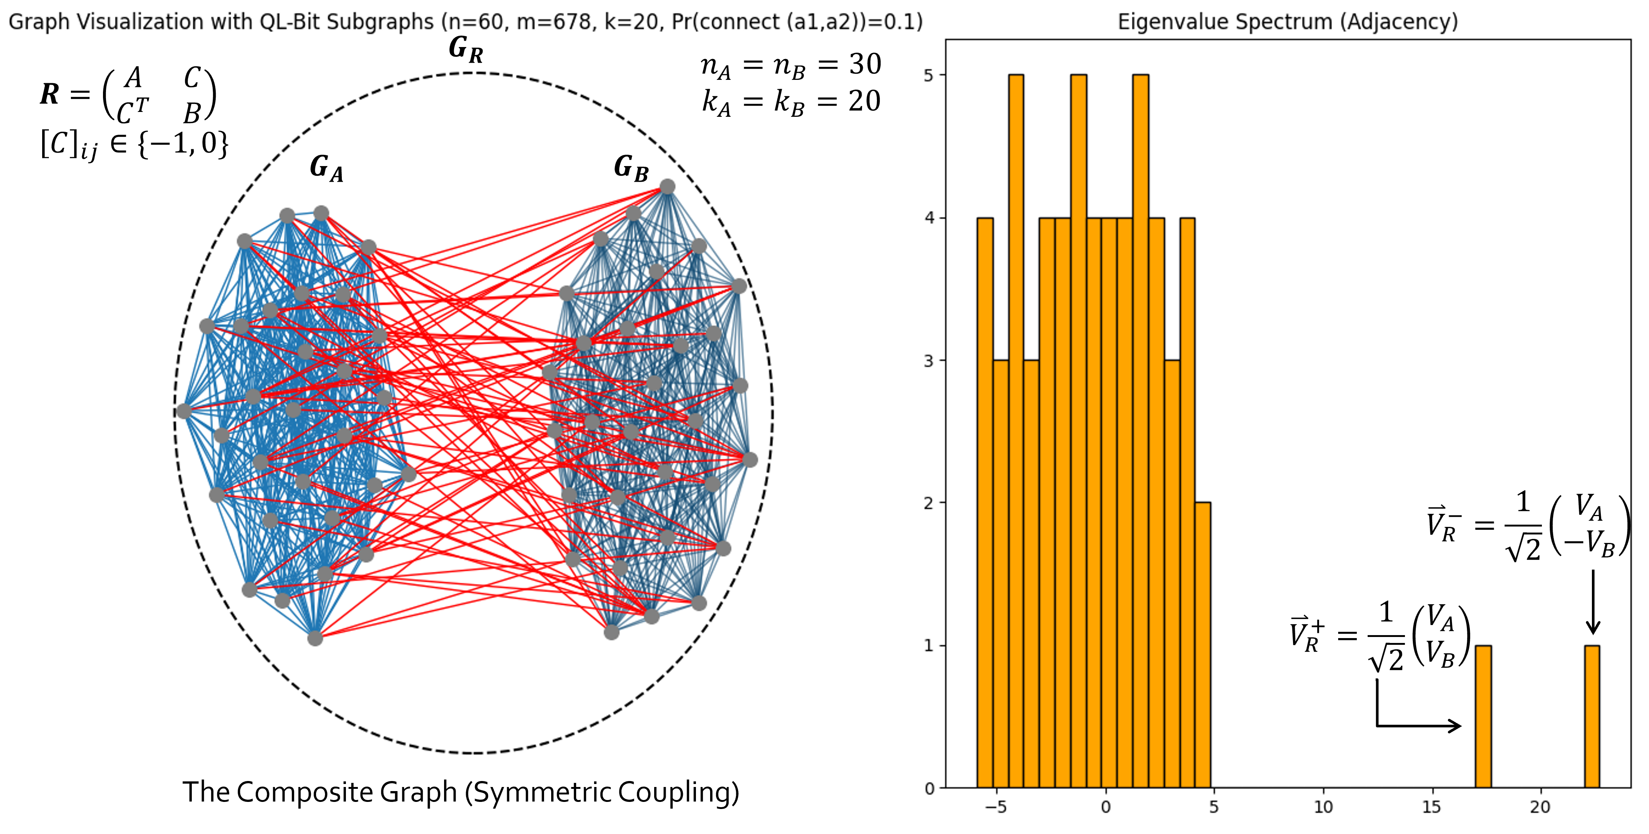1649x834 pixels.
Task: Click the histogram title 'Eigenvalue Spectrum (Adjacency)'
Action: click(x=1287, y=22)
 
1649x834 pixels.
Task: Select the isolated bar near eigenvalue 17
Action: click(x=1483, y=717)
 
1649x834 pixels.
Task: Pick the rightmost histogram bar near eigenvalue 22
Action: click(x=1592, y=717)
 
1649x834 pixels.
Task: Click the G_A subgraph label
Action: click(x=327, y=169)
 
